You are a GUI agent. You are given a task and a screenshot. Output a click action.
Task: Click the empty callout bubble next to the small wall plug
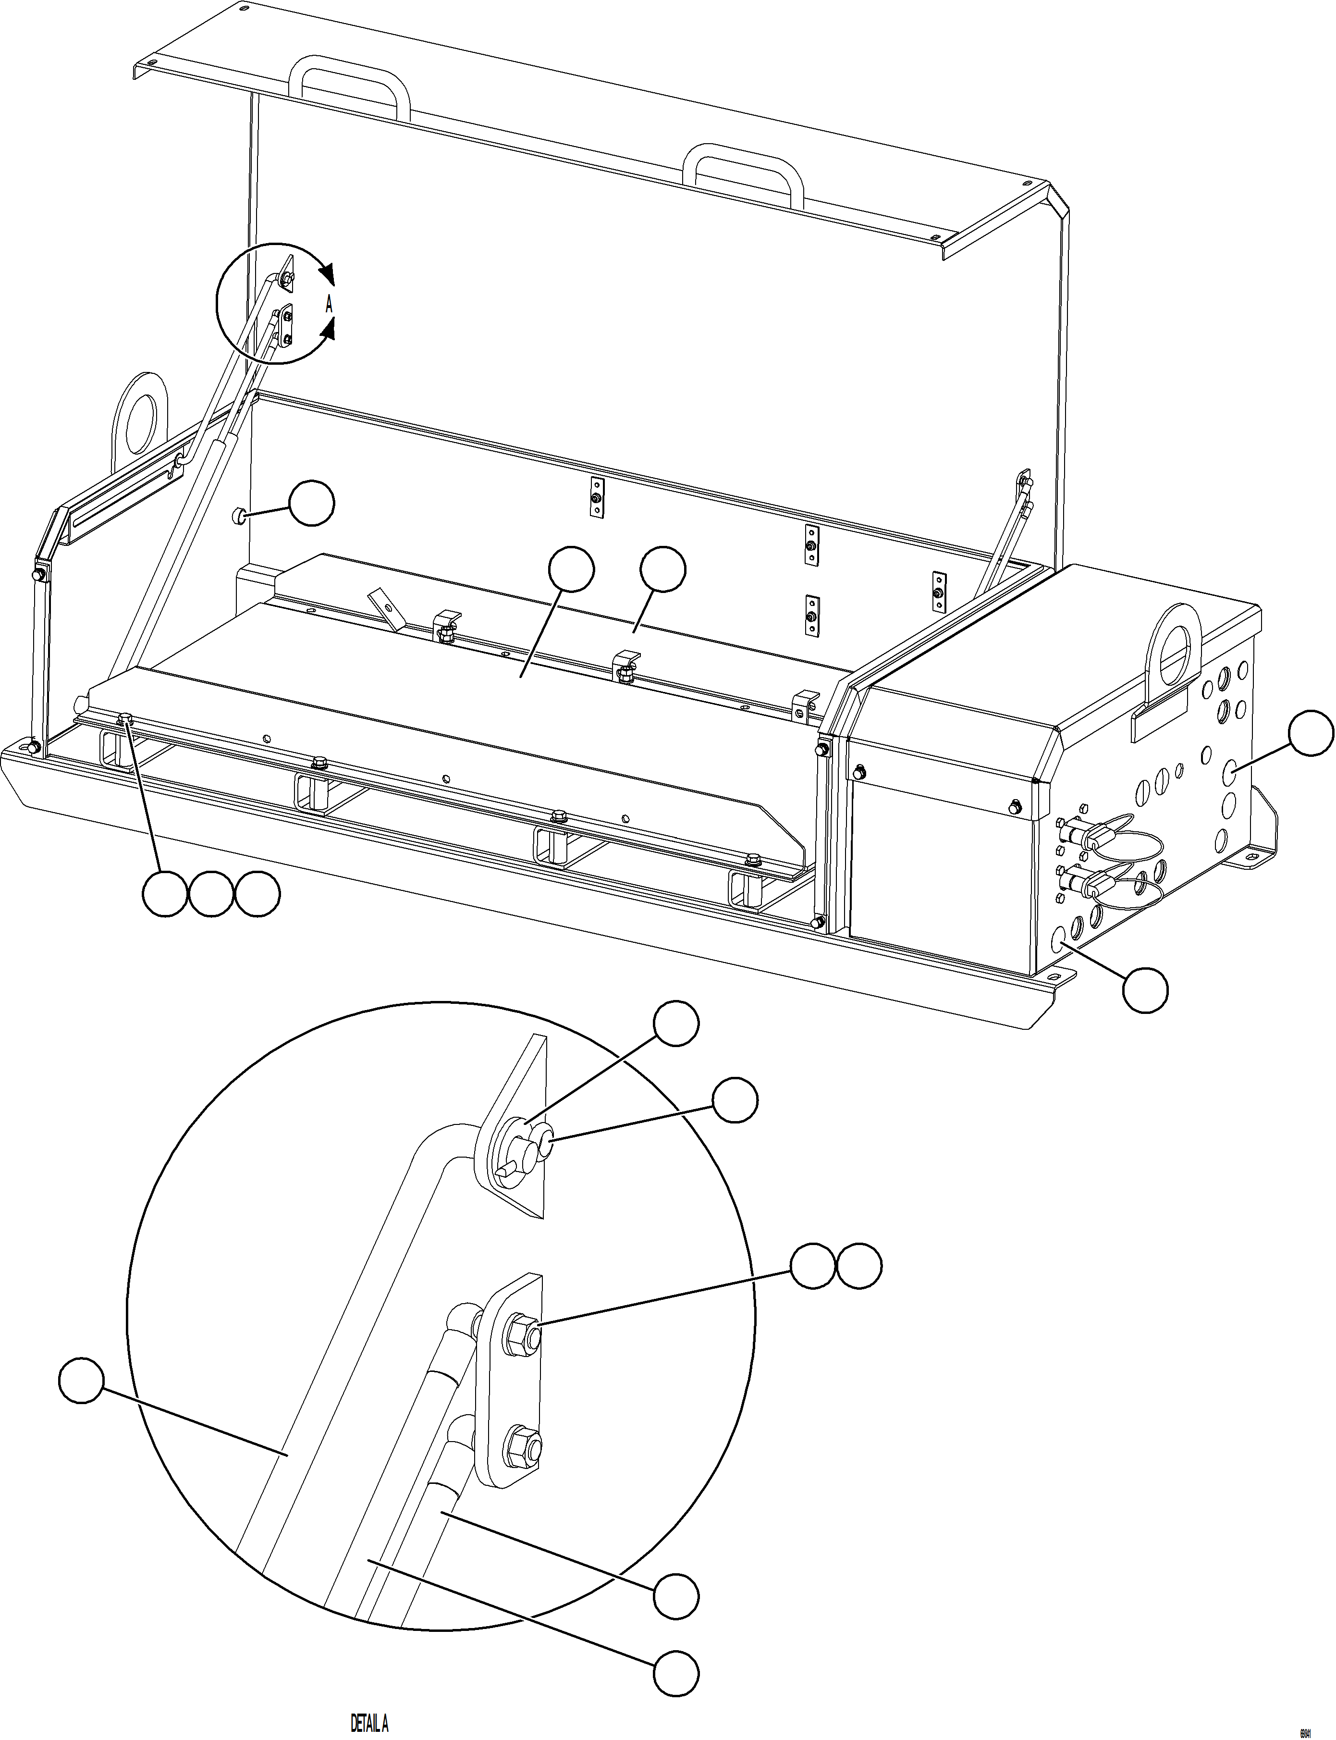(311, 503)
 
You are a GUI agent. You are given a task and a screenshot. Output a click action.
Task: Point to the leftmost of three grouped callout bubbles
(165, 894)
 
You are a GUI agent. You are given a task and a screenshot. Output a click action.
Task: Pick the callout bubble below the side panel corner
(1145, 990)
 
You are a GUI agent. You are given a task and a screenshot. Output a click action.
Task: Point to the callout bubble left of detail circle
(81, 1382)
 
